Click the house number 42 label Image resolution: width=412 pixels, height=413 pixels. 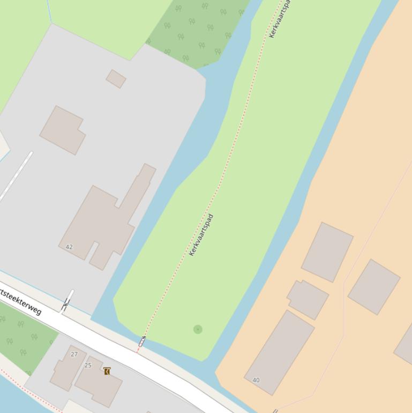69,247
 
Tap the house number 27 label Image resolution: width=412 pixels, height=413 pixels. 74,354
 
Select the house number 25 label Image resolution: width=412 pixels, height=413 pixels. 88,365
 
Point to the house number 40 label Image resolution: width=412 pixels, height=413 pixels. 256,380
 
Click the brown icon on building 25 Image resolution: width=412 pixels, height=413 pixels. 107,371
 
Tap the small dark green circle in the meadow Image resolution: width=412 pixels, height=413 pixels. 198,329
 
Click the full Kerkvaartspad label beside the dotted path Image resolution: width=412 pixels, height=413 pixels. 201,235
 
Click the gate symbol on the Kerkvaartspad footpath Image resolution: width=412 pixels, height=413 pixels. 142,341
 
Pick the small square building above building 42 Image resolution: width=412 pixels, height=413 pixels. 116,79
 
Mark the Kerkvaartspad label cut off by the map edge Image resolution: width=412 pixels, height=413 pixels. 280,19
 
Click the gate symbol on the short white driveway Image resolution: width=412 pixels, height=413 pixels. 66,305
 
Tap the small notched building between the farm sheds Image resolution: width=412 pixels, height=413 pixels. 308,299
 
